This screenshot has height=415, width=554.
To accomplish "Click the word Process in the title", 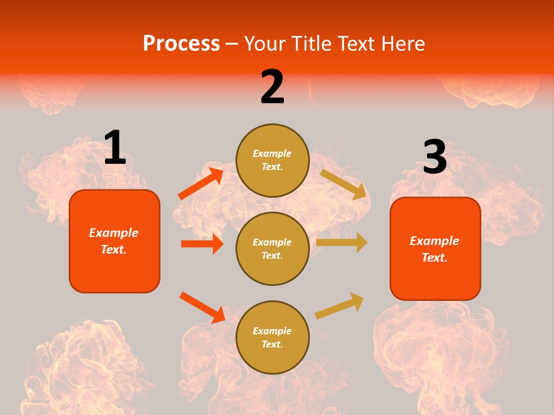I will [x=181, y=44].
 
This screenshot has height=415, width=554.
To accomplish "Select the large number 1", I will [x=115, y=148].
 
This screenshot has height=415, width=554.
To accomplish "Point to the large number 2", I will [x=272, y=87].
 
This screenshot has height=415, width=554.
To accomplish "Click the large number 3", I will [x=435, y=157].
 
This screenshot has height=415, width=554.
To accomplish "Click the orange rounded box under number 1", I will [x=114, y=241].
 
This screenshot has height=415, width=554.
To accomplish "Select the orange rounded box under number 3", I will [x=435, y=248].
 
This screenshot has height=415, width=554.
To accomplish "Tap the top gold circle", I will [x=272, y=160].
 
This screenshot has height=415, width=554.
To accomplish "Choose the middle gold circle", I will [x=272, y=248].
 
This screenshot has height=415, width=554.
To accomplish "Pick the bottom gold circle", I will [x=272, y=337].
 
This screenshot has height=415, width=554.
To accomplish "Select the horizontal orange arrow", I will [x=202, y=244].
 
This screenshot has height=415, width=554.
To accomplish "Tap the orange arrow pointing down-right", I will [x=202, y=307].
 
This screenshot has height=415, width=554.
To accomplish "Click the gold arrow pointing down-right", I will [x=343, y=184].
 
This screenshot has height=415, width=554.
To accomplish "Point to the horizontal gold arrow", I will [x=342, y=243].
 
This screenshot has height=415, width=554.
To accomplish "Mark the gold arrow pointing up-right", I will [x=339, y=305].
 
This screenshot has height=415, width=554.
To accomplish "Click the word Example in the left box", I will [x=114, y=233].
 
